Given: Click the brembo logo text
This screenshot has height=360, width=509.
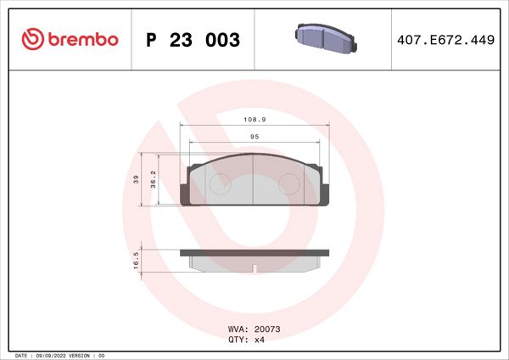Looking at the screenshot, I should click(x=81, y=40).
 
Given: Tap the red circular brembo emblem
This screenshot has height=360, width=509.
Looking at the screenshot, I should click(x=31, y=40).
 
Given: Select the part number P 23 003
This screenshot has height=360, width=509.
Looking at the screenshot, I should click(x=193, y=40).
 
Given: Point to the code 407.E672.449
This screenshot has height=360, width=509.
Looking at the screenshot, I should click(x=445, y=40).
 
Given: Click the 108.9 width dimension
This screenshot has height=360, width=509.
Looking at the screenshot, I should click(x=254, y=121).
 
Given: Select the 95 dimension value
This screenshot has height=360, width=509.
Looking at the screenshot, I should click(x=254, y=136).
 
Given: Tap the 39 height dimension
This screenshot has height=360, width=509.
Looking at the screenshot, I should click(x=136, y=178).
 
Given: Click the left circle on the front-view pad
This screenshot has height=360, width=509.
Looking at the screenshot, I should click(x=220, y=184).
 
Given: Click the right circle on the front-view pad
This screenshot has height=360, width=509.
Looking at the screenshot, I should click(x=289, y=184).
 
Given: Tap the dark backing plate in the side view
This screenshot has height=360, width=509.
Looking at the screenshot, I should click(x=255, y=252).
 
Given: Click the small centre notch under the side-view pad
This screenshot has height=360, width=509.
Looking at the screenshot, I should click(x=255, y=270).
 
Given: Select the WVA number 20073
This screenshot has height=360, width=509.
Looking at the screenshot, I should click(x=267, y=329).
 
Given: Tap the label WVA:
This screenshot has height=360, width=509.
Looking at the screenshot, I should click(x=238, y=329).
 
